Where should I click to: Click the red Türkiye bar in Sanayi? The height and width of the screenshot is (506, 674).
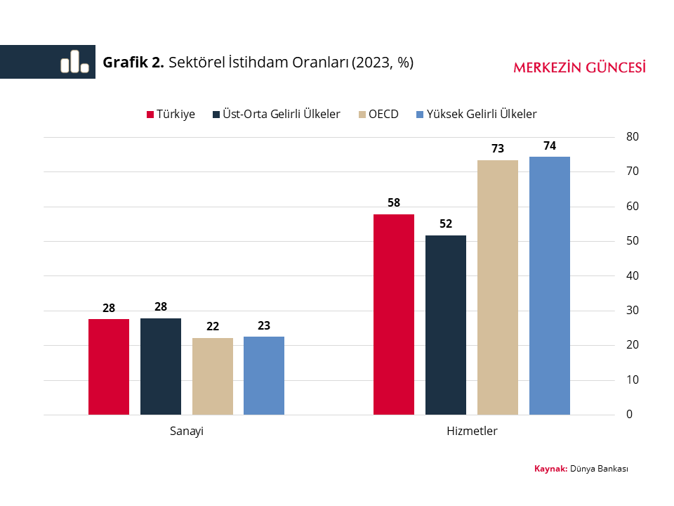[x=109, y=367]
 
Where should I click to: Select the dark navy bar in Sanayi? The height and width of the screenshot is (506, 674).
[x=161, y=366]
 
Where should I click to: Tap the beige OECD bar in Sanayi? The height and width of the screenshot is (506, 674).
[x=213, y=376]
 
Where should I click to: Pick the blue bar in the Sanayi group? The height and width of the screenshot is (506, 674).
[x=264, y=375]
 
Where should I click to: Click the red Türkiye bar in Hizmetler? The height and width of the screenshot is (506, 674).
[x=394, y=314]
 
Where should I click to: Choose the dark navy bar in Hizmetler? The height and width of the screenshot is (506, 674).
[x=446, y=325]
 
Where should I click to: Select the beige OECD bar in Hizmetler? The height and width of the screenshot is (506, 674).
[x=498, y=287]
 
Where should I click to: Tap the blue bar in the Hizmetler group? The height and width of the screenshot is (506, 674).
[x=550, y=285]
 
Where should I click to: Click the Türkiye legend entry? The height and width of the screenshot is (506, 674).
[x=171, y=114]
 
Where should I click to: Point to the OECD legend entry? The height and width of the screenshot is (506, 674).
[x=378, y=114]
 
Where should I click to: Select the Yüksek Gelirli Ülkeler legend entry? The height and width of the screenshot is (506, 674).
[x=477, y=114]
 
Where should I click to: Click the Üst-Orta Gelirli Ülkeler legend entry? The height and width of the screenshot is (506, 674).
[x=276, y=114]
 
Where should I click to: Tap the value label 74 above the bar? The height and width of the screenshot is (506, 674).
[x=550, y=146]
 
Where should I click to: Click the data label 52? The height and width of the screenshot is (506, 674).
[x=446, y=224]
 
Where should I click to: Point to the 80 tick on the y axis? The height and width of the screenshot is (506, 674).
[x=632, y=136]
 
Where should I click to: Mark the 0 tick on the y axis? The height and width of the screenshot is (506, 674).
[x=629, y=415]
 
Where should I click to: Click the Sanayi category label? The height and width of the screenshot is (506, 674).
[x=187, y=432]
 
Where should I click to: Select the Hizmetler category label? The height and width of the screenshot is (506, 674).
[x=472, y=432]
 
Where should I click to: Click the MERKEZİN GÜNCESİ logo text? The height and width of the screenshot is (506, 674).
[x=579, y=67]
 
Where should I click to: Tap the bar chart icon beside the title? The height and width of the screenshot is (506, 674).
[x=74, y=62]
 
